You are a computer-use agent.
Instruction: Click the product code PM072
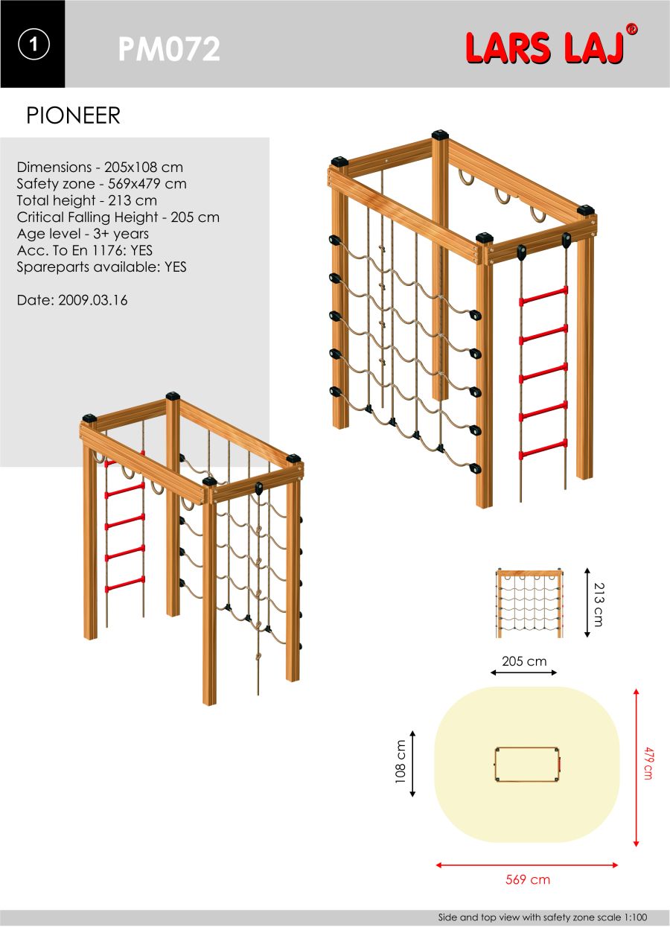(x=169, y=49)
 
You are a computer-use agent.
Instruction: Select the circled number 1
(x=33, y=44)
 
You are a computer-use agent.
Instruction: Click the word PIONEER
(x=73, y=115)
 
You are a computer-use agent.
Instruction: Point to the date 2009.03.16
(x=93, y=300)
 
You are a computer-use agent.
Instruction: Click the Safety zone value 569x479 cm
(x=147, y=184)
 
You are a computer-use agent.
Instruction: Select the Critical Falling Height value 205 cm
(x=195, y=217)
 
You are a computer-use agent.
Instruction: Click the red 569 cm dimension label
(x=528, y=879)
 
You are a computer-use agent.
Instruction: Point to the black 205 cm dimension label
(x=524, y=661)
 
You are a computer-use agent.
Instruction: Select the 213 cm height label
(x=599, y=605)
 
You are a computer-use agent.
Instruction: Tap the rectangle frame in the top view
(x=528, y=765)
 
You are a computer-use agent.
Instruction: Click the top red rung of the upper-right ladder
(x=543, y=296)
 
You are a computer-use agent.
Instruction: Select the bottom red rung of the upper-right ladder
(x=543, y=450)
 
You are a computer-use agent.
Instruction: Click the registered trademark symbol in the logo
(x=631, y=29)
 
